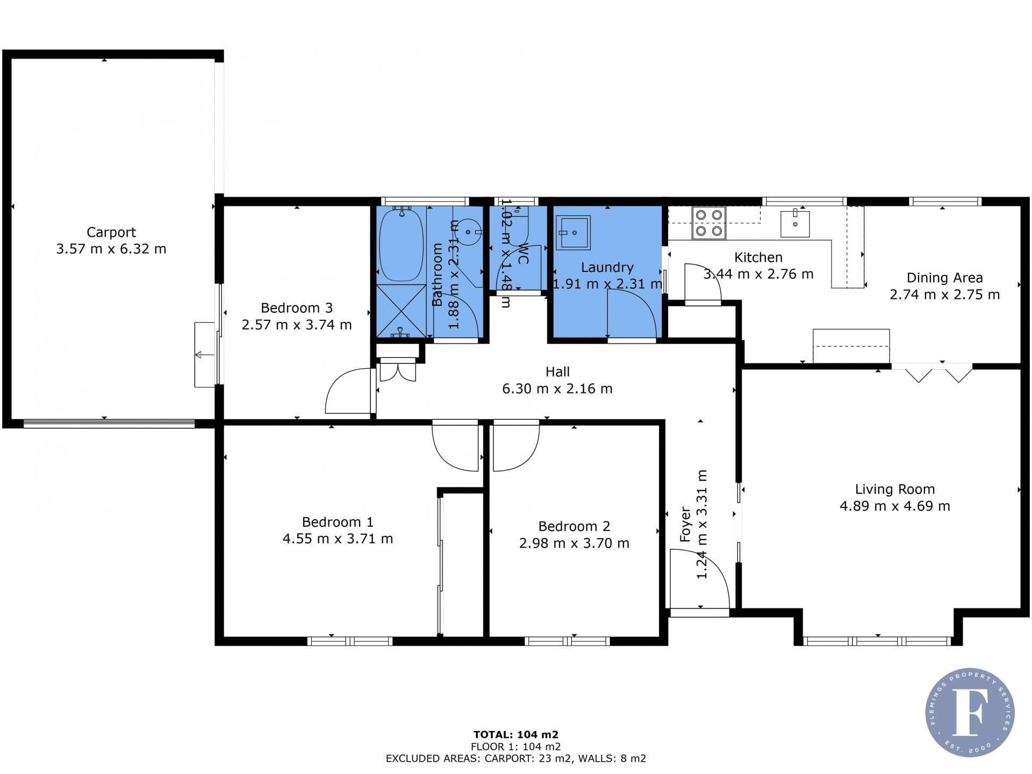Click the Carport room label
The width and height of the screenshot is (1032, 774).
(x=111, y=232)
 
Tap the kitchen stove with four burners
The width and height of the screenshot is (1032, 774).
(x=708, y=223)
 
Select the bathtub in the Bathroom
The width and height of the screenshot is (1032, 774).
(x=401, y=245)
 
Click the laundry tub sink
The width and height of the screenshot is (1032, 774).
(x=573, y=232)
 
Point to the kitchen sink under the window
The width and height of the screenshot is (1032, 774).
(x=795, y=224)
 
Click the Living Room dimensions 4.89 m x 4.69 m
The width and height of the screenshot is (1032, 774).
(x=895, y=506)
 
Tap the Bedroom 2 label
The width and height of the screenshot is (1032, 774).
(x=574, y=526)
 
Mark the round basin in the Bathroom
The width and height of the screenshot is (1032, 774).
(x=468, y=232)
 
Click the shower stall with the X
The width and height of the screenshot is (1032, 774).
(x=401, y=311)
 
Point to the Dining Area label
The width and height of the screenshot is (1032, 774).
(x=944, y=278)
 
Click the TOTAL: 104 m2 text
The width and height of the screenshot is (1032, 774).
(x=515, y=734)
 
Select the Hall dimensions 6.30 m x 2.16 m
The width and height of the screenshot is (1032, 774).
(x=557, y=389)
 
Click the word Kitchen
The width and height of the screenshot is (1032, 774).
(x=758, y=257)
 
